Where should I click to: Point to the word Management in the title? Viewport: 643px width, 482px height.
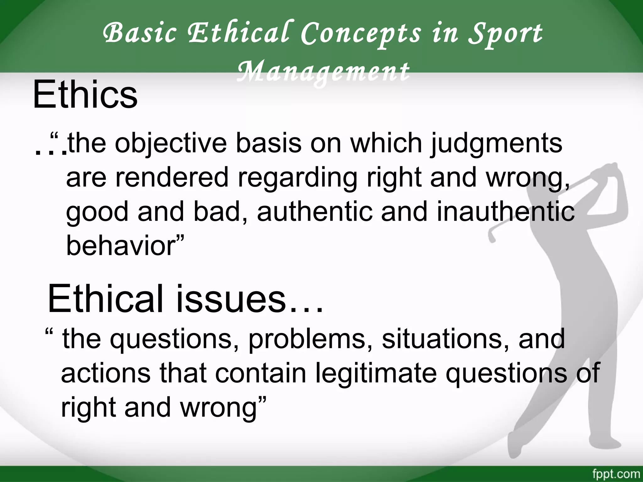click(x=323, y=72)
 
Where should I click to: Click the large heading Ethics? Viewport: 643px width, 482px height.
click(x=85, y=94)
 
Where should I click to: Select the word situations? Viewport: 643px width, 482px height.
click(x=446, y=339)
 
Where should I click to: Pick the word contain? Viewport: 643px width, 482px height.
click(x=260, y=373)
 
